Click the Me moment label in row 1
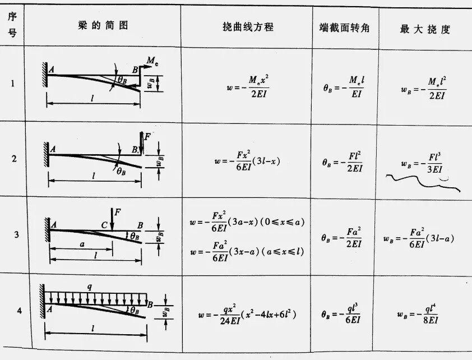[x=152, y=61]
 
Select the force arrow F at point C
[x=112, y=219]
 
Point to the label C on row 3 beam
[x=105, y=225]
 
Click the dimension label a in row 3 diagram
[x=82, y=245]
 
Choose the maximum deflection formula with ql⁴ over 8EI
[x=418, y=313]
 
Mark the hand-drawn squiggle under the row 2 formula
[x=426, y=181]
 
